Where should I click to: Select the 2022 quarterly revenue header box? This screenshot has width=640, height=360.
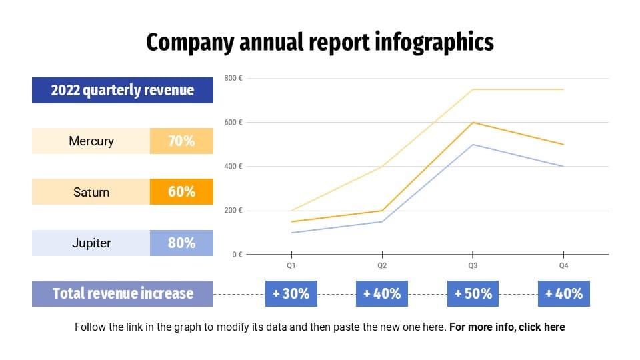point(123,90)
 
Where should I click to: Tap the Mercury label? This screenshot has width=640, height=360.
point(91,141)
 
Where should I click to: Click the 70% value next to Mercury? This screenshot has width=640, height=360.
point(181,141)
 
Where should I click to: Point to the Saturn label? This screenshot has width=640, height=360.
point(91,192)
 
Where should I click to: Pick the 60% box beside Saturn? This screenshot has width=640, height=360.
point(181,192)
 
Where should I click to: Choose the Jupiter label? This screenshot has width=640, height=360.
point(91,243)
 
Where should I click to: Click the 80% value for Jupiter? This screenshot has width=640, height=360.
point(181,243)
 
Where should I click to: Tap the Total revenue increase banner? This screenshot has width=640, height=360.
point(123,293)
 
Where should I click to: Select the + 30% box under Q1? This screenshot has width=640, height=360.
point(291,293)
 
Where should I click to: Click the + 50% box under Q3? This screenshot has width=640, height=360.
point(473,293)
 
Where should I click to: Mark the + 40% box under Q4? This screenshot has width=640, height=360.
point(564,293)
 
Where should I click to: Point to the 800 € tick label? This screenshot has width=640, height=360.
point(233,79)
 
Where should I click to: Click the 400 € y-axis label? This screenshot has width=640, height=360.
point(233,167)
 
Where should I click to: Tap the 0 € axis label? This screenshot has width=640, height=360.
point(236,255)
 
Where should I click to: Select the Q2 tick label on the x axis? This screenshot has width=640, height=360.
point(382,265)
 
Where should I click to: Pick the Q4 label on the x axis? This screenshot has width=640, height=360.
point(563,265)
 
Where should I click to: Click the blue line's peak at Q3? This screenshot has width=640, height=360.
point(473,145)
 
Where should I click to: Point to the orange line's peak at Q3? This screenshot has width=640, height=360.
point(473,123)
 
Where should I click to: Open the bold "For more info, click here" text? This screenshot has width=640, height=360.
point(507,327)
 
